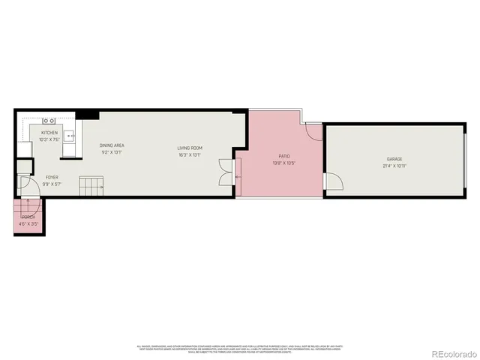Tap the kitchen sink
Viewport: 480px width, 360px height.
click(68, 136)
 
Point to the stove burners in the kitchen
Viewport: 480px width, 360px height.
click(49, 120)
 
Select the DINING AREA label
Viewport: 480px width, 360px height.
click(112, 145)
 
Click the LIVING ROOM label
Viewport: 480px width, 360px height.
click(190, 148)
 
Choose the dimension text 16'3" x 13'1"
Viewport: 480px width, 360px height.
click(190, 154)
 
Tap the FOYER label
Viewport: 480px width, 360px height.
click(31, 178)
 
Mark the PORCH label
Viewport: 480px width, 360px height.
click(28, 217)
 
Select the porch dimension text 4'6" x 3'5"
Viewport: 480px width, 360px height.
click(28, 223)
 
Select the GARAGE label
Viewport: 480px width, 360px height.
click(394, 159)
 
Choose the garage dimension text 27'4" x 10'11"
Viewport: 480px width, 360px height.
click(394, 165)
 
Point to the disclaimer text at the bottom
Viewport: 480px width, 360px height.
click(239, 348)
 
